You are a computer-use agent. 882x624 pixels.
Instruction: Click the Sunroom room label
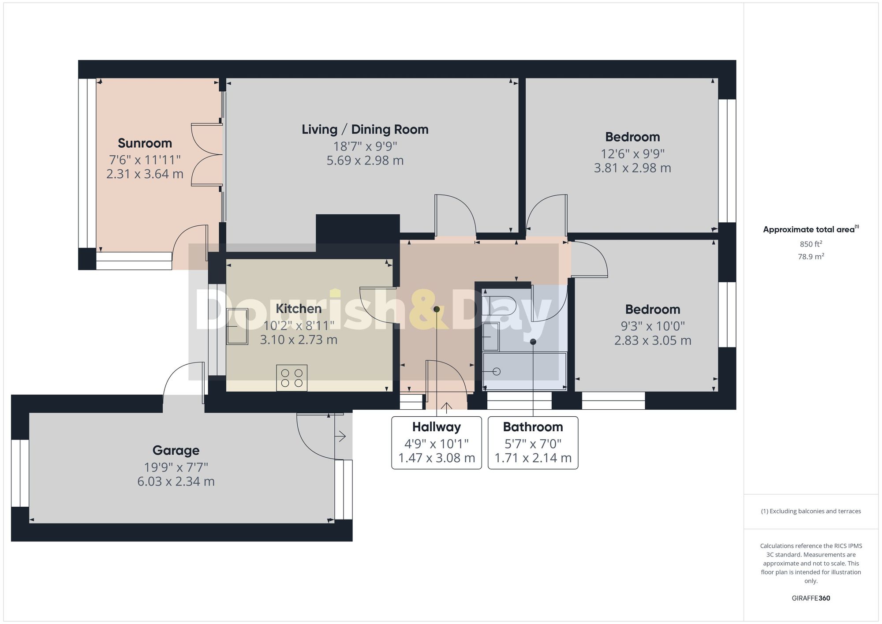145,143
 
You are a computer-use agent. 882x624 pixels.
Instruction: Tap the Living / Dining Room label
365,130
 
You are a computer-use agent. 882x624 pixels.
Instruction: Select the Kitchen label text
299,309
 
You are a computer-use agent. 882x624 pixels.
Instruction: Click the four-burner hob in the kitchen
292,378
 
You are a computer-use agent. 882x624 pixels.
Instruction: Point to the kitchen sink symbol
237,326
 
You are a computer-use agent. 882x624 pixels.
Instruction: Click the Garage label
176,451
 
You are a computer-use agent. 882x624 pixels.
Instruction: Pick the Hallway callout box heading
436,427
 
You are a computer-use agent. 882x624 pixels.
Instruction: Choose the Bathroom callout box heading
533,427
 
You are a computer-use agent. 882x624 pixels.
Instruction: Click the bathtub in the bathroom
524,371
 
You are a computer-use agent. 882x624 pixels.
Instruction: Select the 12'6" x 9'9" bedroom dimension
632,154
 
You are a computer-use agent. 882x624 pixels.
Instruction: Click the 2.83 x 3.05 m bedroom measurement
652,340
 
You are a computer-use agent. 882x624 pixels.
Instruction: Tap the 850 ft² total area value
811,244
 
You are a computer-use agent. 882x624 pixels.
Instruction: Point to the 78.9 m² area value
811,257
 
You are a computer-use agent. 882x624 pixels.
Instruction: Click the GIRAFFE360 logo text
811,598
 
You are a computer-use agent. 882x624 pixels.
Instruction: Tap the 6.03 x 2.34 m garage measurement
176,482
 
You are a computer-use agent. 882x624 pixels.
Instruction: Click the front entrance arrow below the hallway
446,407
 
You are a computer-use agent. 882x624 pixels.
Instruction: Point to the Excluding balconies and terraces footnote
811,512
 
